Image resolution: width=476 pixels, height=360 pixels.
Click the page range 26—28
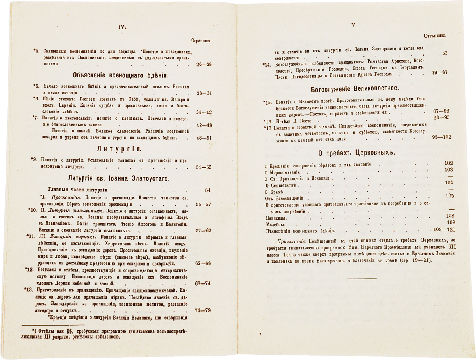point(205,63)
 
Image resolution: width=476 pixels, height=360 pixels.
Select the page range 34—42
point(205,112)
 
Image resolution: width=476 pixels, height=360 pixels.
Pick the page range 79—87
point(439,72)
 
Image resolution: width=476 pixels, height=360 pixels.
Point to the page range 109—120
point(441,230)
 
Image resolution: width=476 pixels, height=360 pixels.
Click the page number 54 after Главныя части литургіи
point(208,190)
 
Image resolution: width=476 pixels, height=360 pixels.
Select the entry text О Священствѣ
point(281,185)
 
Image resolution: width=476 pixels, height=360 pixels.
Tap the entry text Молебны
point(273,224)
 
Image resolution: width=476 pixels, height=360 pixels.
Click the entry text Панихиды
point(274,218)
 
